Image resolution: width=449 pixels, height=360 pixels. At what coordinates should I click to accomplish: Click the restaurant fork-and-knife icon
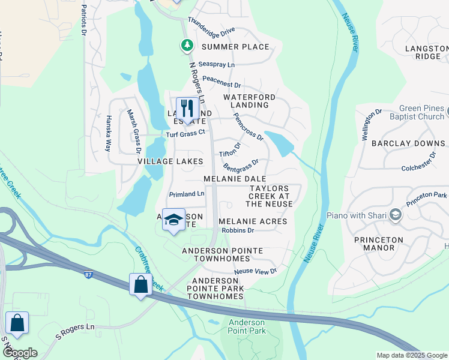coord(187,109)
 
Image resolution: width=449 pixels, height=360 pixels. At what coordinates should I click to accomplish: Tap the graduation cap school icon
coord(173,220)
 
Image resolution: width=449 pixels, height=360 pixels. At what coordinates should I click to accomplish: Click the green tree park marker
coord(187,45)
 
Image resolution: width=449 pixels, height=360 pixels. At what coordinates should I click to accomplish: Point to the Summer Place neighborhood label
coord(235,47)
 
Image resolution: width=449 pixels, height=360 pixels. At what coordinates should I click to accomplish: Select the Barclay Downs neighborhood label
coord(408,144)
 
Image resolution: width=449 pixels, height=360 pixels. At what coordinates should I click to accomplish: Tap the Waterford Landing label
coord(249,101)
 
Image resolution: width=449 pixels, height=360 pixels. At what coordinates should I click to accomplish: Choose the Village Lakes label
coord(170,162)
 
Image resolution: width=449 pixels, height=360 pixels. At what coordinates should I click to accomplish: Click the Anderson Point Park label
coord(247,326)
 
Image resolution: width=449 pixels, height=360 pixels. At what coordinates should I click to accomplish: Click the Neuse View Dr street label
coord(255,271)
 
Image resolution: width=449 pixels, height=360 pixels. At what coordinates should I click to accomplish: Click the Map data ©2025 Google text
coord(411,355)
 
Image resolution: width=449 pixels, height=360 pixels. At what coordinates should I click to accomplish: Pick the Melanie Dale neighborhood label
coord(235,179)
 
